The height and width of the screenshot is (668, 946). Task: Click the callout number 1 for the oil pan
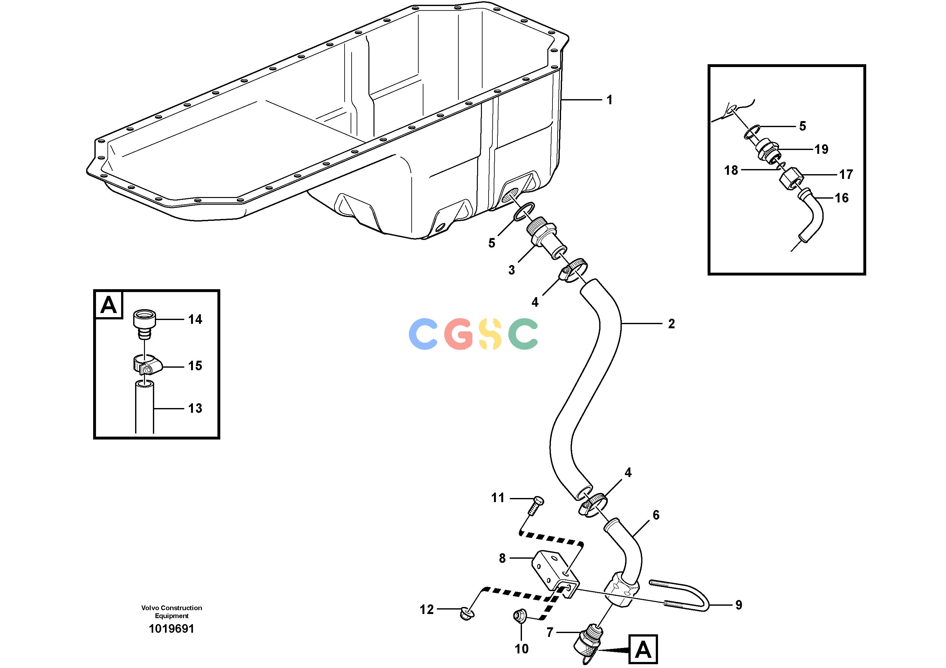609,100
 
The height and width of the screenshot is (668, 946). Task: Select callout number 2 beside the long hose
671,324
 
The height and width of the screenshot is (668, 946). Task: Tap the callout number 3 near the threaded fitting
511,270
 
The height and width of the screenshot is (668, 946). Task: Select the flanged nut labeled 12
467,614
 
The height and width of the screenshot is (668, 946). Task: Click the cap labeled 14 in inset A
145,324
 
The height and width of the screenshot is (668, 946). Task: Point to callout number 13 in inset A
195,409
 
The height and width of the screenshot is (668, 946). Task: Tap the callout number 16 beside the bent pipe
842,198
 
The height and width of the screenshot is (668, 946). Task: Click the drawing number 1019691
171,629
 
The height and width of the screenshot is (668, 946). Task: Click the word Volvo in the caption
150,608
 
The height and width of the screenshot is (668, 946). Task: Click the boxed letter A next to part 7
643,650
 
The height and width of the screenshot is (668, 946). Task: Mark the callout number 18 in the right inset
731,170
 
